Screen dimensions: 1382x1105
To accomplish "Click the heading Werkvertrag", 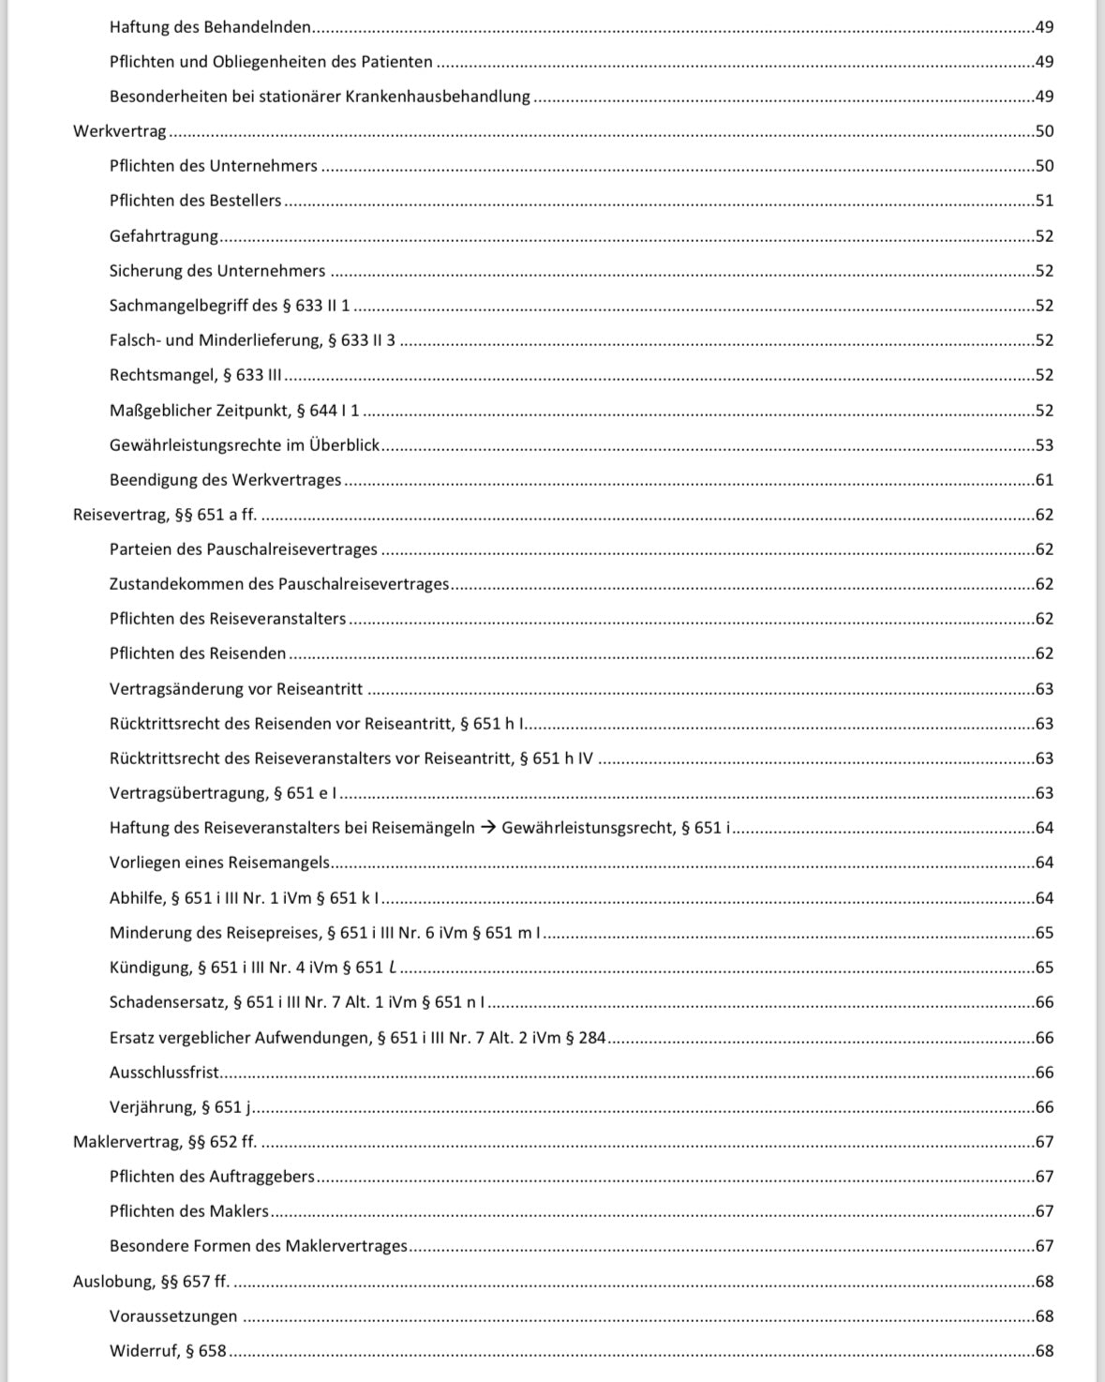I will pyautogui.click(x=120, y=131).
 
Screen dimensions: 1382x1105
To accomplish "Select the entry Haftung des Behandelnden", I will pyautogui.click(x=210, y=27).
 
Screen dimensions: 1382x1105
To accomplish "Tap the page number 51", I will pyautogui.click(x=1044, y=201).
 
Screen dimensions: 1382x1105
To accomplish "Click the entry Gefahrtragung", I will pyautogui.click(x=164, y=236).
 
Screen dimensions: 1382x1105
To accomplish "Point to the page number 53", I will pyautogui.click(x=1044, y=445).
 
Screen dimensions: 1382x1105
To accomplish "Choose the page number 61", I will pyautogui.click(x=1044, y=480).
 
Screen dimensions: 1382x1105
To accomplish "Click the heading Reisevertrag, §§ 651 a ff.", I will pyautogui.click(x=165, y=515).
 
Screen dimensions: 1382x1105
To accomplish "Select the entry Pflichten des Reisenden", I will pyautogui.click(x=198, y=653).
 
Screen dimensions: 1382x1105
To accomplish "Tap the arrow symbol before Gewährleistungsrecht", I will pyautogui.click(x=488, y=828).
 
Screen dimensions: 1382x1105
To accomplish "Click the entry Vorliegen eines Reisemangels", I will pyautogui.click(x=220, y=863).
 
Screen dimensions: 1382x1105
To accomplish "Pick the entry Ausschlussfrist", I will pyautogui.click(x=165, y=1073).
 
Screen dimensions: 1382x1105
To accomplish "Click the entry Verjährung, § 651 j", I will pyautogui.click(x=180, y=1107).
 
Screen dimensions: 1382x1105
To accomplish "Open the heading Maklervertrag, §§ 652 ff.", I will pyautogui.click(x=165, y=1142).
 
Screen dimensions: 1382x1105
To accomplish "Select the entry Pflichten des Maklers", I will pyautogui.click(x=189, y=1211).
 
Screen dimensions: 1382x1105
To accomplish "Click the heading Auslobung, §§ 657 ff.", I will pyautogui.click(x=151, y=1282).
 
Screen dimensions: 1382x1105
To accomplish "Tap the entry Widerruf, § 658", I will pyautogui.click(x=168, y=1351).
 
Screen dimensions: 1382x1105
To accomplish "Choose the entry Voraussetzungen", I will pyautogui.click(x=173, y=1316).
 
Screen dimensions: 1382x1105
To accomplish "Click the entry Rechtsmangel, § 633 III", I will pyautogui.click(x=196, y=375).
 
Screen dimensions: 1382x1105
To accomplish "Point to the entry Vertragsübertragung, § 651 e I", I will pyautogui.click(x=223, y=793).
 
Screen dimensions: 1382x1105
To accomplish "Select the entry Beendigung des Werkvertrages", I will pyautogui.click(x=226, y=480).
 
